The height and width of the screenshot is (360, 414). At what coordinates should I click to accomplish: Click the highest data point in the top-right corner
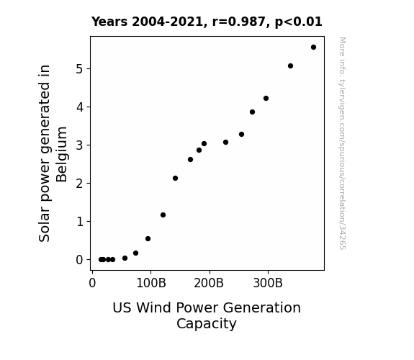(313, 48)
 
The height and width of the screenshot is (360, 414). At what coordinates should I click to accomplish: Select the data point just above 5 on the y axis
(290, 66)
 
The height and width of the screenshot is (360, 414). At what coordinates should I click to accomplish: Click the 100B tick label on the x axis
(151, 283)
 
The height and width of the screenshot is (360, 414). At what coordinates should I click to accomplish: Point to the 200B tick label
(209, 283)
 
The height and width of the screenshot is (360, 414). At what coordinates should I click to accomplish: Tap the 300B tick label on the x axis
(268, 283)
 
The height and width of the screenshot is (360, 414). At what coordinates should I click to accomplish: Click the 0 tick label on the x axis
(92, 283)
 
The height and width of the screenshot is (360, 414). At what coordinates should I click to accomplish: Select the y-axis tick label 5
(79, 69)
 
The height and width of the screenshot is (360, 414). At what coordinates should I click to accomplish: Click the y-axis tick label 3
(79, 145)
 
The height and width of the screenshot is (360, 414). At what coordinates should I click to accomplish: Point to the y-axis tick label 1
(79, 222)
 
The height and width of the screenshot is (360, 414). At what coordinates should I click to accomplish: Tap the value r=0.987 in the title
(239, 22)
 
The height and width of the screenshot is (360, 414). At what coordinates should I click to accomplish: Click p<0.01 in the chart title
(298, 22)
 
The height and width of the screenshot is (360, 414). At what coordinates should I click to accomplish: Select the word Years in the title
(109, 22)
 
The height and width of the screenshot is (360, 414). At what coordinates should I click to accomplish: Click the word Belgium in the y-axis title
(62, 154)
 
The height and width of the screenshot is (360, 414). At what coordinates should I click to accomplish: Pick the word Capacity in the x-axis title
(207, 324)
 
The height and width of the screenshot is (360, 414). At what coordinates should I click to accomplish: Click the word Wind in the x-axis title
(153, 307)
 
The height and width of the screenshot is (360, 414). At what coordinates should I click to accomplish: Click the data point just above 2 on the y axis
(175, 179)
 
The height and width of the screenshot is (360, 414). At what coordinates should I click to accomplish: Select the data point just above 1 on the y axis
(163, 215)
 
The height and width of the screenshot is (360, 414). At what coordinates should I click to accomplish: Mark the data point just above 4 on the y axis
(266, 98)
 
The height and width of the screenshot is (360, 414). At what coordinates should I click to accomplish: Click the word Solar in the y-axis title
(44, 226)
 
